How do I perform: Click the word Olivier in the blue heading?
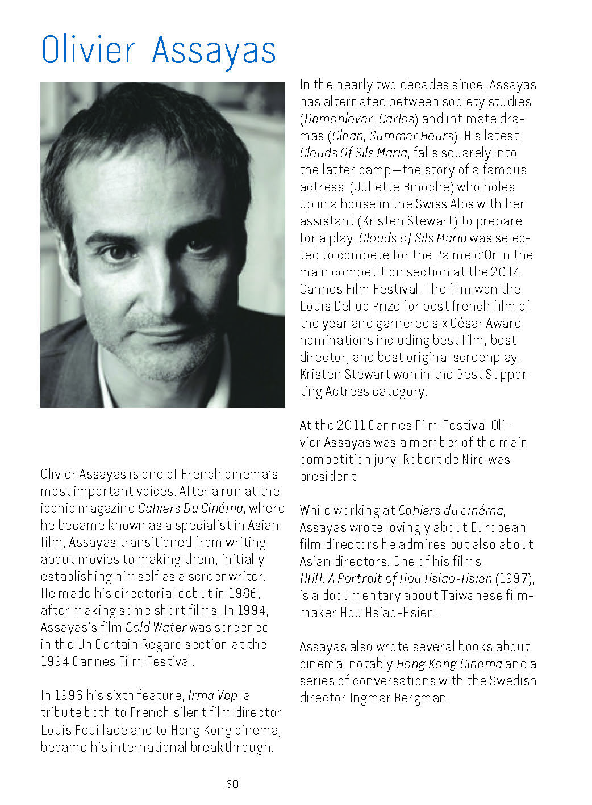(89, 50)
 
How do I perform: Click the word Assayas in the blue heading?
(214, 51)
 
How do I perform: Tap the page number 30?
(232, 784)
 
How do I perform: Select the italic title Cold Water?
(156, 627)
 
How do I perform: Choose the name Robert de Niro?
(444, 459)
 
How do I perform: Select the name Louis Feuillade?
(85, 729)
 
